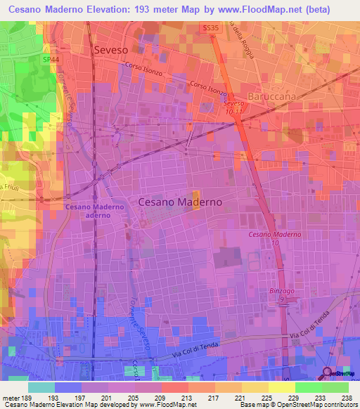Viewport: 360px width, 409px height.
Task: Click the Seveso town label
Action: click(x=113, y=50)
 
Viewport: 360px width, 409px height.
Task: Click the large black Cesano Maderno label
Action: click(x=180, y=202)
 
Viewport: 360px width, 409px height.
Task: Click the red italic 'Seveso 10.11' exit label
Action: click(x=233, y=107)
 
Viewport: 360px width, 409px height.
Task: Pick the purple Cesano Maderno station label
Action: click(x=95, y=211)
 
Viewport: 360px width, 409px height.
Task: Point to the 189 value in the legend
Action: click(x=24, y=397)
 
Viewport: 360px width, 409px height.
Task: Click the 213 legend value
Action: click(x=188, y=397)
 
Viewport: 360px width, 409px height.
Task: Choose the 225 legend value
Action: click(x=269, y=397)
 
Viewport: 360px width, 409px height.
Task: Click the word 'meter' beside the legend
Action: click(x=8, y=397)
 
